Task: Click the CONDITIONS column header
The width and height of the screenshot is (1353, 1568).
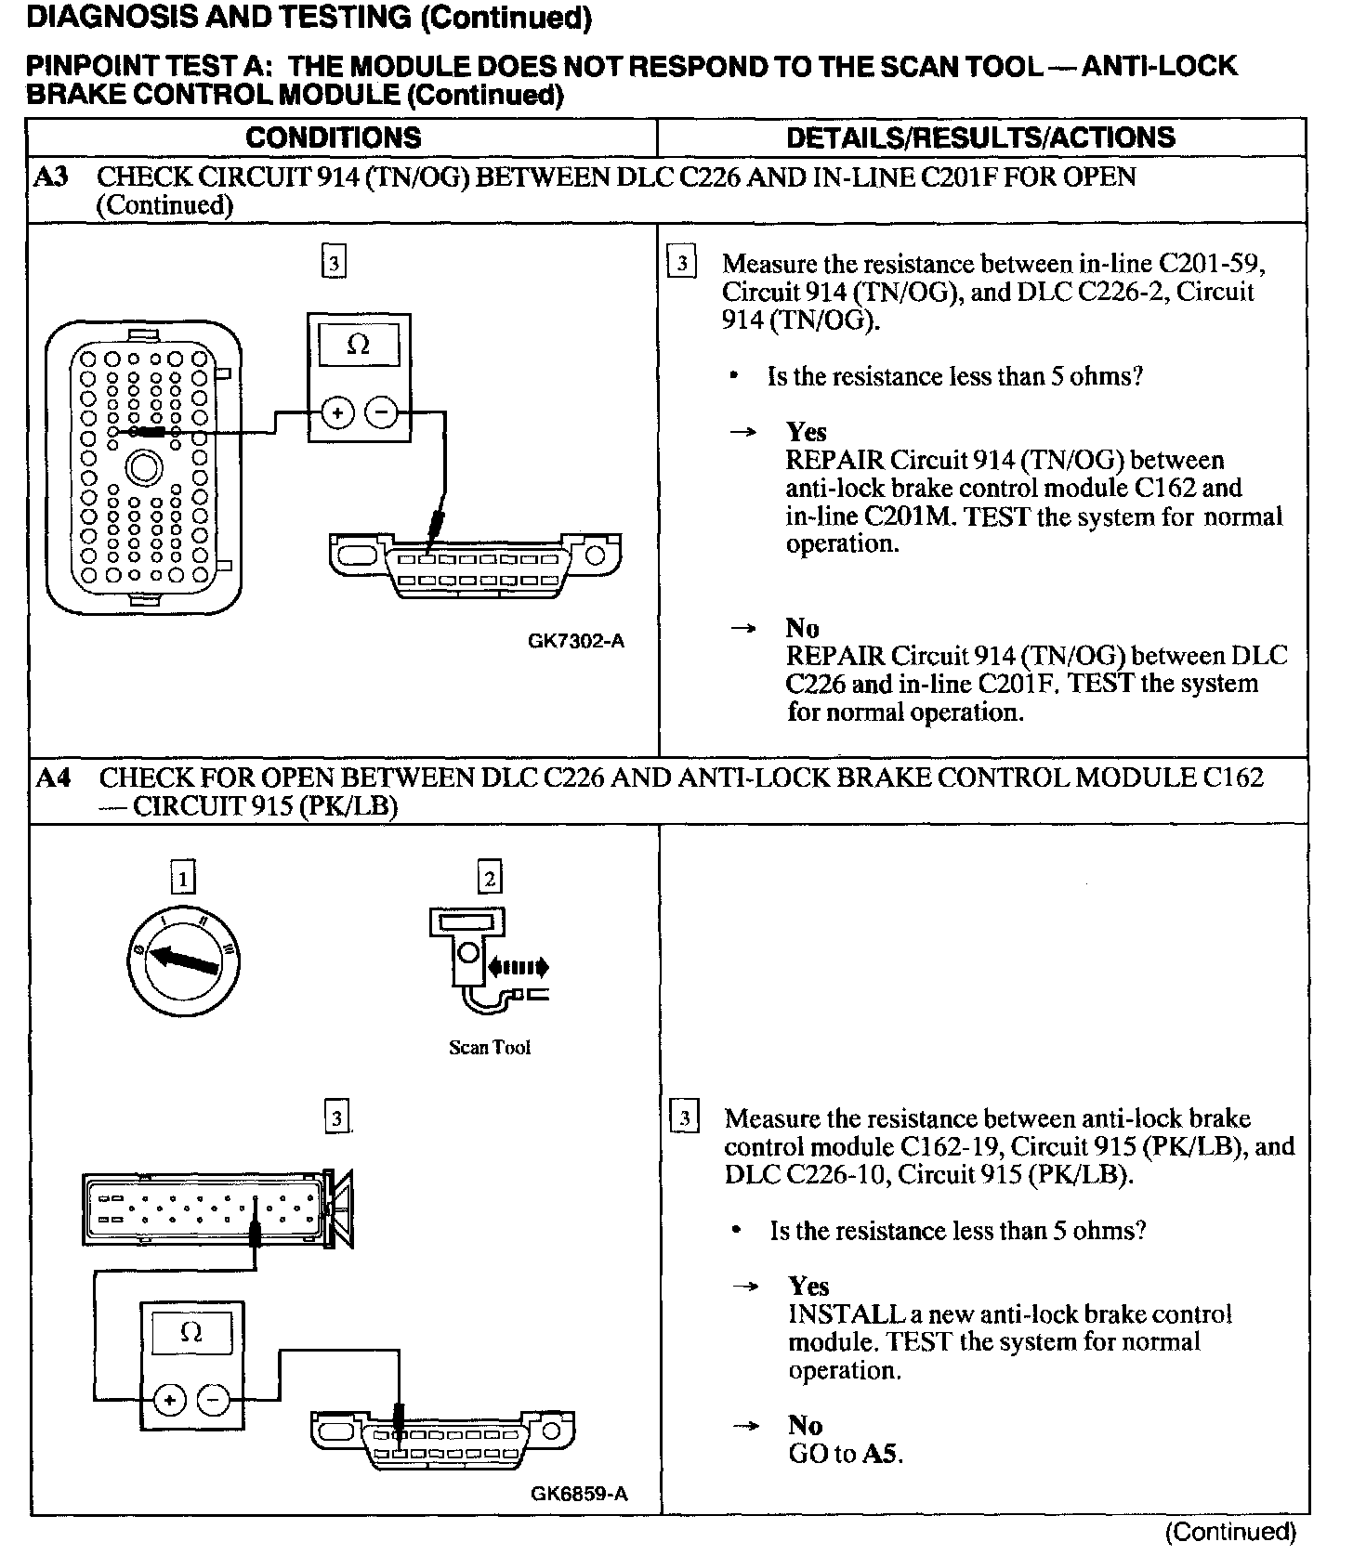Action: pyautogui.click(x=333, y=138)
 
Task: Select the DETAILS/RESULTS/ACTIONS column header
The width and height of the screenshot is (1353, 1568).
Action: pyautogui.click(x=980, y=138)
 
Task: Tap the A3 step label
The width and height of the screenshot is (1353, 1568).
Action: pyautogui.click(x=50, y=176)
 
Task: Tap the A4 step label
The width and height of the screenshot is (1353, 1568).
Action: pyautogui.click(x=53, y=777)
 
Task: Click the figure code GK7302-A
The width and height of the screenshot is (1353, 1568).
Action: pyautogui.click(x=576, y=641)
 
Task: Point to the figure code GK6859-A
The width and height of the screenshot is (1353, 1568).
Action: pyautogui.click(x=579, y=1494)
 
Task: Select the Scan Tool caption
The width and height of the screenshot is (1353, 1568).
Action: pyautogui.click(x=490, y=1048)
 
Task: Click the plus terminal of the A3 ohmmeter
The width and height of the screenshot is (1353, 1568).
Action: pyautogui.click(x=336, y=412)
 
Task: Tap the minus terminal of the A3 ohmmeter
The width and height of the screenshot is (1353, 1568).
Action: pyautogui.click(x=381, y=412)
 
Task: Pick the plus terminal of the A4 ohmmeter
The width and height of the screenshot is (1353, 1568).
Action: pyautogui.click(x=169, y=1399)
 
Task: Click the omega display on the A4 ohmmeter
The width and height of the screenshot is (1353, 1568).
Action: pyautogui.click(x=191, y=1333)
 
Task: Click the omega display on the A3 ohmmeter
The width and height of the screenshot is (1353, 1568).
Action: pyautogui.click(x=359, y=346)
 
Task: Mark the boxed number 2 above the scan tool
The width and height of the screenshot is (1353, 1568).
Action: pyautogui.click(x=489, y=878)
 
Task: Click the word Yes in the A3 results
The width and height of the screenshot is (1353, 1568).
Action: pyautogui.click(x=806, y=432)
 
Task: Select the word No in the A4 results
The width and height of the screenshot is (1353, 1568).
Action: pyautogui.click(x=806, y=1426)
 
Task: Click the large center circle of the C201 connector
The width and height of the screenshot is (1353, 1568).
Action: pyautogui.click(x=144, y=467)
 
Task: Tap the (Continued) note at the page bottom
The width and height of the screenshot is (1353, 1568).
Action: pyautogui.click(x=1229, y=1532)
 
